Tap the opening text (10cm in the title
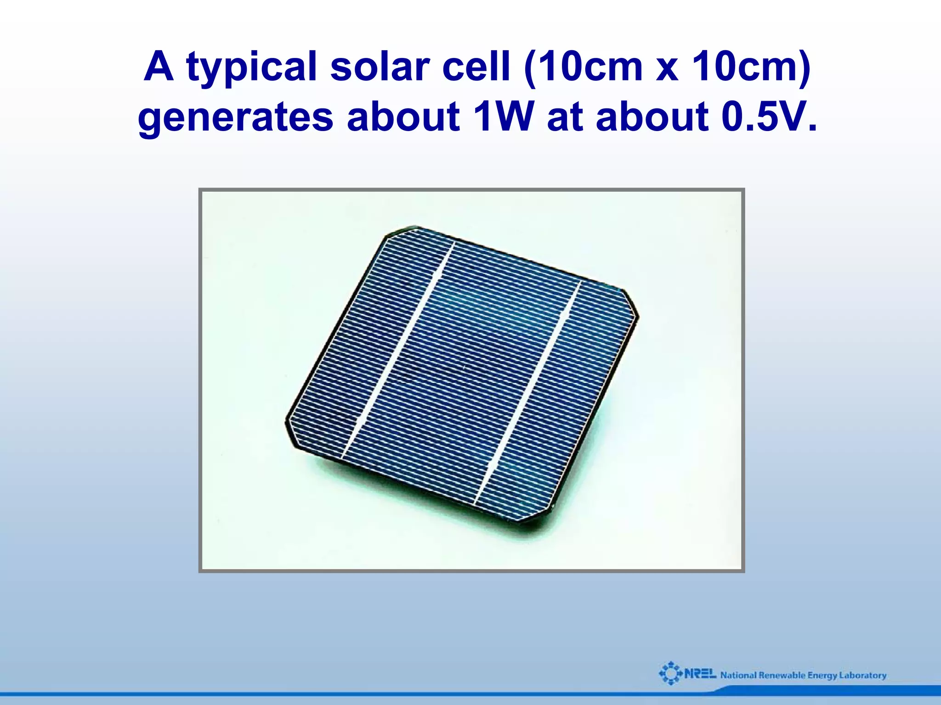click(583, 67)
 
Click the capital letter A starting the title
click(159, 67)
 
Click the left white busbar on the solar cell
click(398, 352)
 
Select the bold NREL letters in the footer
click(700, 674)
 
